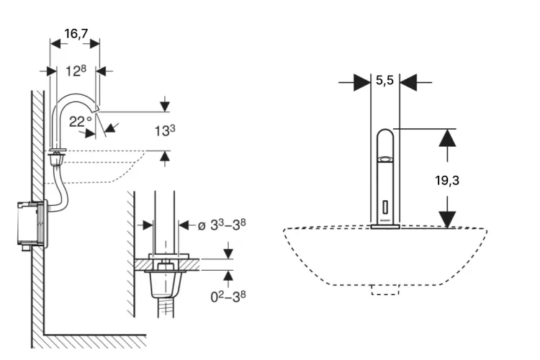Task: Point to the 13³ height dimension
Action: point(165,130)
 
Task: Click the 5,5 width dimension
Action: point(384,81)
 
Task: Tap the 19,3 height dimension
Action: point(447,180)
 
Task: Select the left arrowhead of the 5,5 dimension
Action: point(359,82)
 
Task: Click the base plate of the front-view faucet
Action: point(385,228)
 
